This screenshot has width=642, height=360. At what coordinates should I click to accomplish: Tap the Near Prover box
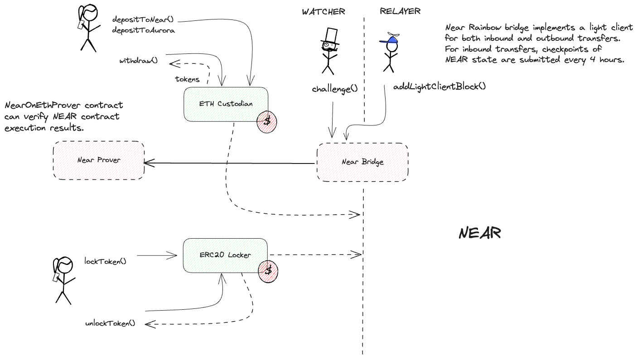point(99,160)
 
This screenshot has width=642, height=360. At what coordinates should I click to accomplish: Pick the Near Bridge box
point(362,162)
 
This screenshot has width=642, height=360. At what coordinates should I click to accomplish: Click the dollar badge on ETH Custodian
point(267,121)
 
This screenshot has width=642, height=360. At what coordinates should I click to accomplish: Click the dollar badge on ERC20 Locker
point(268,271)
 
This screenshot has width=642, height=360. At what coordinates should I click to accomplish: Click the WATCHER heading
point(323,12)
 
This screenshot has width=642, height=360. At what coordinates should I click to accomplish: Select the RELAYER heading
point(400,12)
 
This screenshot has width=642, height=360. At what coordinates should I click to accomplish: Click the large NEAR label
point(479,233)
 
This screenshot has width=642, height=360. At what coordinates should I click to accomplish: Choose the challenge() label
point(335,89)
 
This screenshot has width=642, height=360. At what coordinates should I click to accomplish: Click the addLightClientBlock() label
point(439,86)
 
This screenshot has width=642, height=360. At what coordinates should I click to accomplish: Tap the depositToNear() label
point(143,20)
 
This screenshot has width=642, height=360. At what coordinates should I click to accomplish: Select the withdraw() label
point(139,61)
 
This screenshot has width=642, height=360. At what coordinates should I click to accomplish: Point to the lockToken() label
point(105,261)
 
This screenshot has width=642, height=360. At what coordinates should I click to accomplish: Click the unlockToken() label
point(110,323)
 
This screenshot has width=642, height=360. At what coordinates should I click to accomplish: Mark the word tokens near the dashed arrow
point(187,79)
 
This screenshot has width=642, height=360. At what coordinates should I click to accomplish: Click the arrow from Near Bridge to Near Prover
point(229,163)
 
